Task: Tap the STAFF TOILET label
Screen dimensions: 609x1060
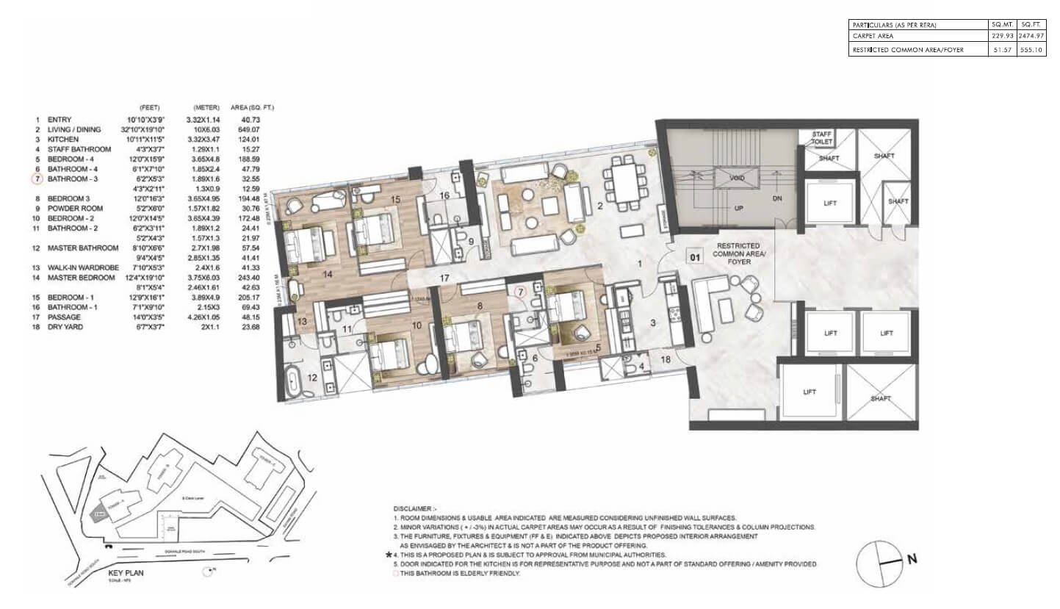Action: tap(820, 137)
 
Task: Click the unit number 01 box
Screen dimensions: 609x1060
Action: tap(693, 256)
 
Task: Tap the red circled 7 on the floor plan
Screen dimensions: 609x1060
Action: tap(520, 292)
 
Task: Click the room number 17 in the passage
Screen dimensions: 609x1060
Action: tap(444, 278)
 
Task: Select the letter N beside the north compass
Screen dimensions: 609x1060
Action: tap(912, 559)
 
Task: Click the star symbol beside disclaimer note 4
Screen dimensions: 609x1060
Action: tap(388, 555)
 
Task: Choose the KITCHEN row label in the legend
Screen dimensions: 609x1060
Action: tap(62, 139)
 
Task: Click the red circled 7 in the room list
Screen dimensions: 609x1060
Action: tap(35, 179)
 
